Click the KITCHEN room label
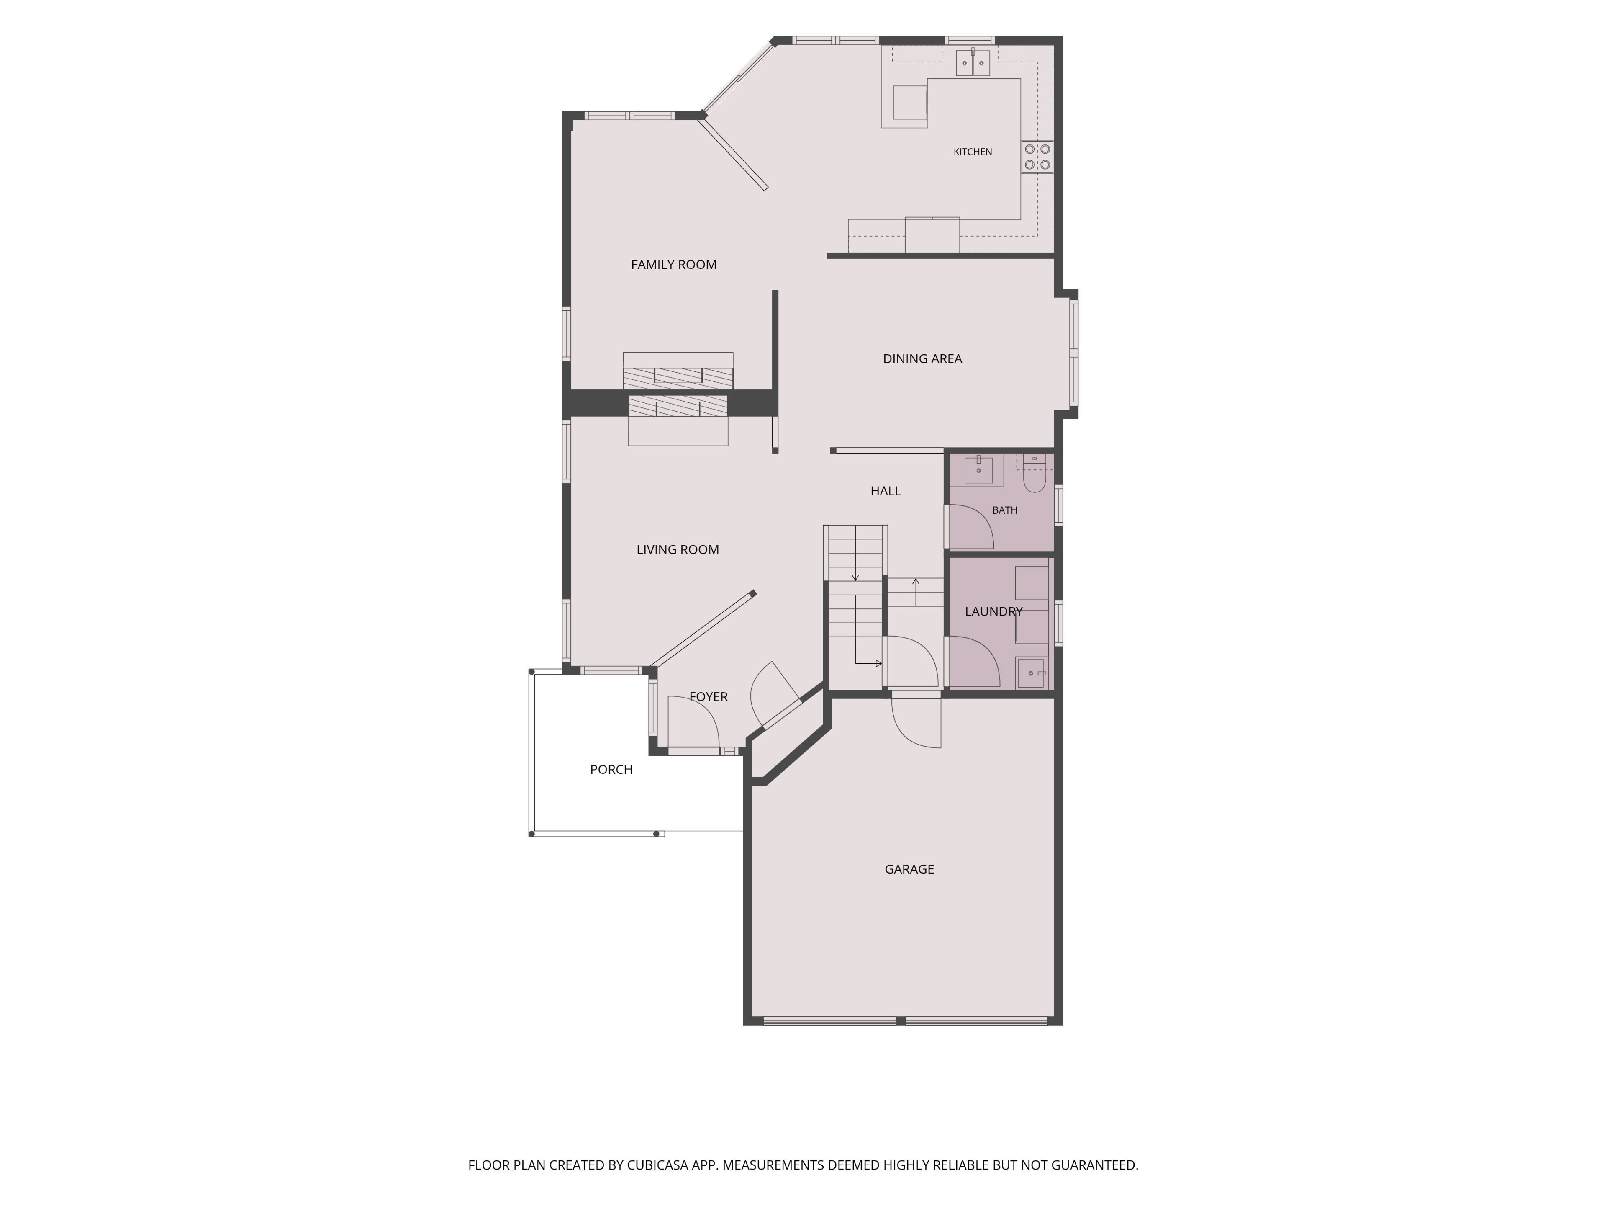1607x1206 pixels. click(x=972, y=152)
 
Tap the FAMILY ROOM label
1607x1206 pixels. click(x=673, y=265)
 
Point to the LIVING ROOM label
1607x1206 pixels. click(x=677, y=549)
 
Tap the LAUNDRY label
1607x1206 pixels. click(x=993, y=611)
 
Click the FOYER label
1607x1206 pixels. click(x=709, y=696)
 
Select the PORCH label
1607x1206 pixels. click(x=611, y=769)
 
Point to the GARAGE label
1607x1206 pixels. click(x=909, y=869)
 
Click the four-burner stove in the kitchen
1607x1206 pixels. click(x=1037, y=156)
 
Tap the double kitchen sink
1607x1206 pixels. click(x=973, y=63)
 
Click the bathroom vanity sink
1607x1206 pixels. click(x=978, y=470)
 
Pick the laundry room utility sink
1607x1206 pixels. click(x=1031, y=673)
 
